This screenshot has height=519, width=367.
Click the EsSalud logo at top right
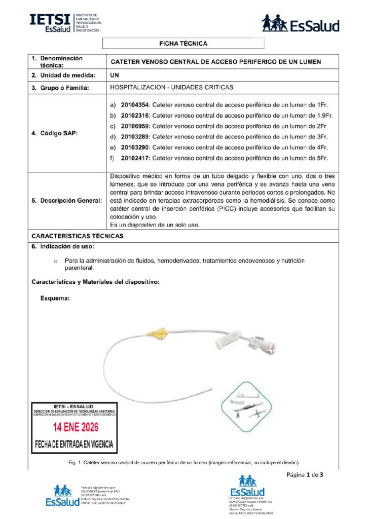300,23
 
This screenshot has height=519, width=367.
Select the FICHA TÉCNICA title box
183,44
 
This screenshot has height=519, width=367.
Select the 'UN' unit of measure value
115,76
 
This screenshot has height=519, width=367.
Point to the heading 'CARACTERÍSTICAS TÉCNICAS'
77,236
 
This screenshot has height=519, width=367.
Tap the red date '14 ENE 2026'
75,426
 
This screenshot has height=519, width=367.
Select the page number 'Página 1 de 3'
305,475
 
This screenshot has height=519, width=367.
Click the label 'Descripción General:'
66,201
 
